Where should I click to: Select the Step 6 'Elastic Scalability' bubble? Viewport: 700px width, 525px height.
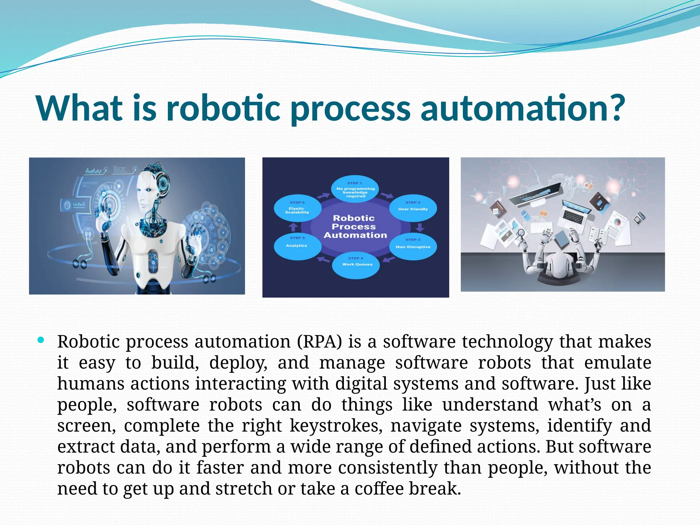point(297,209)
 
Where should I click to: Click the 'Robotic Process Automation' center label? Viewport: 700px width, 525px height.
point(355,226)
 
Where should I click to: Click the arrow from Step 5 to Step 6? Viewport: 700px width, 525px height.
point(293,227)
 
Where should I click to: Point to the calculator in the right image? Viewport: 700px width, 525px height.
point(639,218)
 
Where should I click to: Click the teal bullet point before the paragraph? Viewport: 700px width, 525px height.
point(41,340)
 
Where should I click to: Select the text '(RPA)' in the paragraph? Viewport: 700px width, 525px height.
point(320,341)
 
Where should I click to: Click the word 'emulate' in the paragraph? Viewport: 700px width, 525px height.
point(618,363)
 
